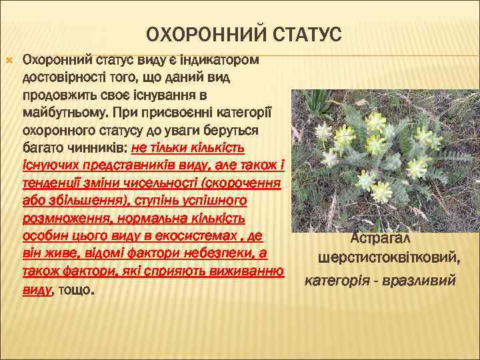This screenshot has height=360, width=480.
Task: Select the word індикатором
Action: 220,60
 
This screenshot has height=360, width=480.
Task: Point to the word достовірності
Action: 63,77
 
